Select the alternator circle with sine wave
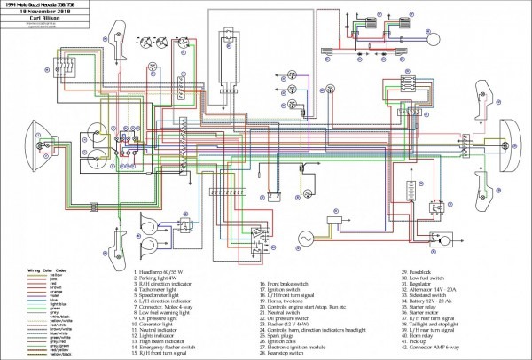pos(312,239)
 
